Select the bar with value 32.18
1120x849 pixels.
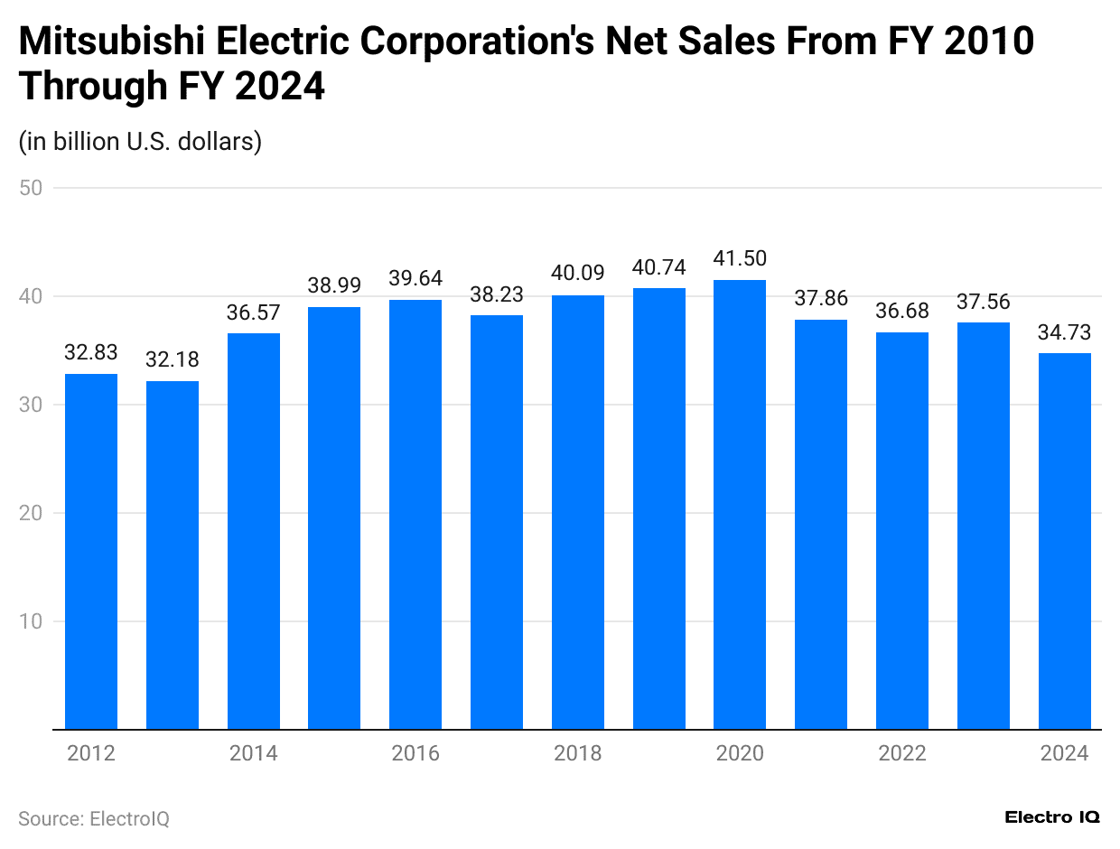click(173, 555)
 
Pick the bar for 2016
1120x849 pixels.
click(415, 514)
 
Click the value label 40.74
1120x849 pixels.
click(658, 267)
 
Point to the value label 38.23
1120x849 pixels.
click(497, 294)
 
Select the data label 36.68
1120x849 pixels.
click(902, 312)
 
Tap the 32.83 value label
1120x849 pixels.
click(91, 353)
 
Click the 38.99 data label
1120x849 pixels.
click(334, 285)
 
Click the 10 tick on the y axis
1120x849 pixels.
click(32, 621)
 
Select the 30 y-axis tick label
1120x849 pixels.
click(32, 405)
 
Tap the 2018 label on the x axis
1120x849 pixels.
click(578, 753)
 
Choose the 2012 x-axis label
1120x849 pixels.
click(91, 753)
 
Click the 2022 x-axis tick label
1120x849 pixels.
click(902, 753)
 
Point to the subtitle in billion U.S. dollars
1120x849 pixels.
click(140, 142)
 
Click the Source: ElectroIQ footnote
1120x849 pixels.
click(94, 818)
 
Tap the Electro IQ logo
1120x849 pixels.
click(1052, 816)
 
